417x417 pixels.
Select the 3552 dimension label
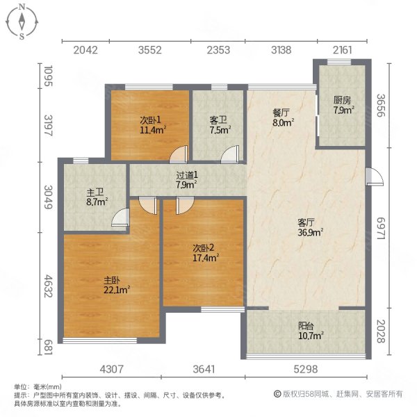pyautogui.click(x=149, y=49)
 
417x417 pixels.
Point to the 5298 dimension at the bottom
pyautogui.click(x=305, y=369)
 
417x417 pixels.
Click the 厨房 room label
pyautogui.click(x=343, y=104)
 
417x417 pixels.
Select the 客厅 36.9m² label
pyautogui.click(x=306, y=227)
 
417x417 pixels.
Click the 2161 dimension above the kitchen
pyautogui.click(x=343, y=49)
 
